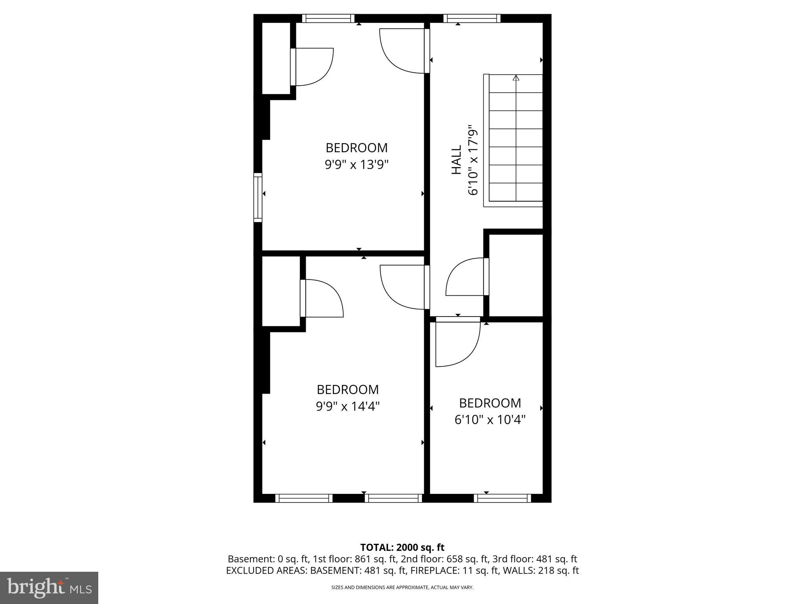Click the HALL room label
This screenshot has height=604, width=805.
click(x=456, y=160)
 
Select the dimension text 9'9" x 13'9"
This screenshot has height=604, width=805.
click(x=357, y=164)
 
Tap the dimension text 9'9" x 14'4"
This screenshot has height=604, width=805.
click(x=348, y=406)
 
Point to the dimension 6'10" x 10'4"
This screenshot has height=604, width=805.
click(x=490, y=420)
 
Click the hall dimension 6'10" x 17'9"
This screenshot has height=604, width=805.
click(x=473, y=160)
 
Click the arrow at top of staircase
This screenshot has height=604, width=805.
click(x=516, y=78)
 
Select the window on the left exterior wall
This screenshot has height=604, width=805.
click(x=258, y=197)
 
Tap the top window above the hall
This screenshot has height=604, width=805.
click(x=472, y=18)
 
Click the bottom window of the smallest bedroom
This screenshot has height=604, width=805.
click(x=502, y=498)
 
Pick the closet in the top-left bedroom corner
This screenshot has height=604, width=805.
click(x=276, y=58)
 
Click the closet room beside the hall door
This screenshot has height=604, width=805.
click(x=516, y=275)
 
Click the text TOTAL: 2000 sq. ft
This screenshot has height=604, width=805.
click(x=402, y=547)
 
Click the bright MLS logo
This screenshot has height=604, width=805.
click(x=49, y=587)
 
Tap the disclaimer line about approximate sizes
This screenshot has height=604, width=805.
click(x=402, y=587)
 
